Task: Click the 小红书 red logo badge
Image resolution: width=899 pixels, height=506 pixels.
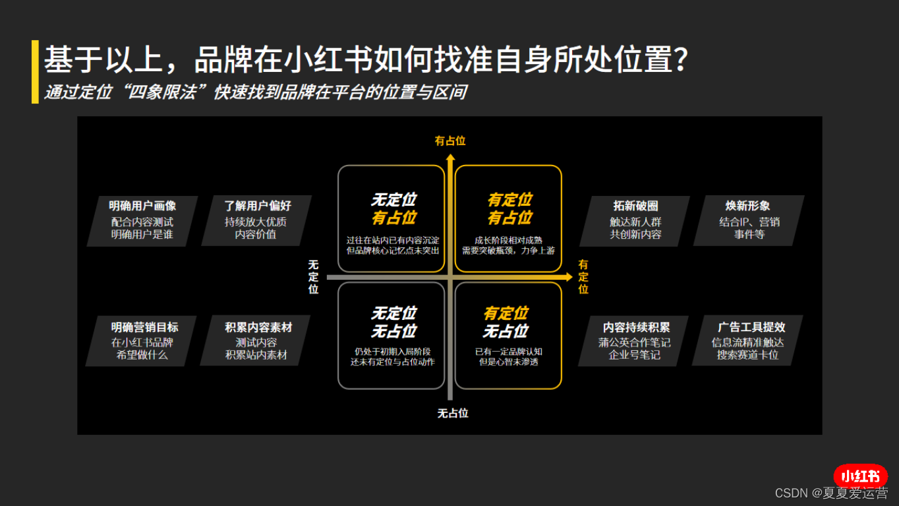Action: coord(860,476)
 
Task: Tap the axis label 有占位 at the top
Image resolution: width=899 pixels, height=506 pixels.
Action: coord(450,141)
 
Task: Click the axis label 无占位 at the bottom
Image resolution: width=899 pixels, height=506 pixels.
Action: coord(453,414)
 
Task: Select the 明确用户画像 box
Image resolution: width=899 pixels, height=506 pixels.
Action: coord(142,220)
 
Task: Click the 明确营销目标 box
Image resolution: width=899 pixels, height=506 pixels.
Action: coord(142,341)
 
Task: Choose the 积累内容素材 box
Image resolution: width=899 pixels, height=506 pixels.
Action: coord(257,341)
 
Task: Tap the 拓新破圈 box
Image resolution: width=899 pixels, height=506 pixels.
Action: coord(635,220)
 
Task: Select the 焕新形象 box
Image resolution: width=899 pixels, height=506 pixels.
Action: coord(749,220)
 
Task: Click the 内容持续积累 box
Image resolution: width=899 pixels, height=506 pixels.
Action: coord(635,341)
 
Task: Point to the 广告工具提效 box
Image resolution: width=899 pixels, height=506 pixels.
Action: coord(748,341)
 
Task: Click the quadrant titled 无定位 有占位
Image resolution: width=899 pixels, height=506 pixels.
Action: coord(392,218)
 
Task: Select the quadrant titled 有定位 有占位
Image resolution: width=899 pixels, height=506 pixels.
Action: coord(508,218)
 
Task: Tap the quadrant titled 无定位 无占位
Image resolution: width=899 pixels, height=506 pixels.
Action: coord(392,336)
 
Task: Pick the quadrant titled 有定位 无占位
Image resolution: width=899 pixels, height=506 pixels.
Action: coord(508,336)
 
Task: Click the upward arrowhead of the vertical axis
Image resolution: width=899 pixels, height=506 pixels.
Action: coord(450,158)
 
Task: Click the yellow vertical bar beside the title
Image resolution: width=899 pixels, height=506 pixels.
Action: coord(35,71)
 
